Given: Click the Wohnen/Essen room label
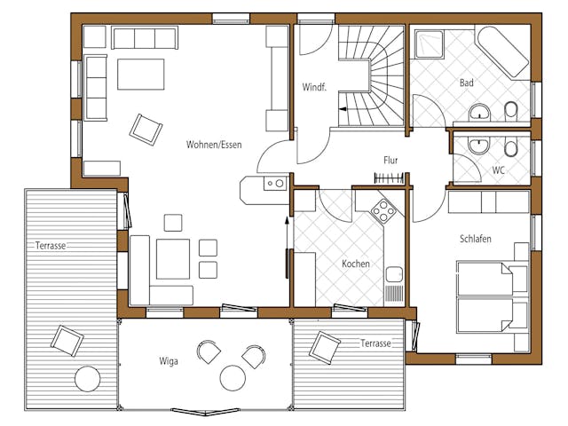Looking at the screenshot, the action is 214,145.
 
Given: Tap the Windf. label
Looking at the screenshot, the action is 314,87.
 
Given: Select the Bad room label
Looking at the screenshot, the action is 467,83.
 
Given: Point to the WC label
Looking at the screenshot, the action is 499,170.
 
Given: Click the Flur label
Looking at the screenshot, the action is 390,160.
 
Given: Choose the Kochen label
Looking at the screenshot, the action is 356,264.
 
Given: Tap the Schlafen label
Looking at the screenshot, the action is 476,239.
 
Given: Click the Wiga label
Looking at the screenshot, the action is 169,361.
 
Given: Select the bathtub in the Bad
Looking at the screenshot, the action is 502,51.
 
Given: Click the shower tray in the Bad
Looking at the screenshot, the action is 430,44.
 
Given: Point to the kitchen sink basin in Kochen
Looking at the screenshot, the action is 394,275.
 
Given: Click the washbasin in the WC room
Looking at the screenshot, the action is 479,146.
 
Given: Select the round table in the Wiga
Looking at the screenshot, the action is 233,378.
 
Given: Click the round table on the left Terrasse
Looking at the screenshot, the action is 88,379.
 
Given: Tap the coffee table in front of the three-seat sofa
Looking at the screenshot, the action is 141,75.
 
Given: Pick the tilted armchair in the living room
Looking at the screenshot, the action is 146,130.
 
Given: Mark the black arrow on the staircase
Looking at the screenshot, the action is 343,108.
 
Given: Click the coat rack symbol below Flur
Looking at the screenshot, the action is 389,178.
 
